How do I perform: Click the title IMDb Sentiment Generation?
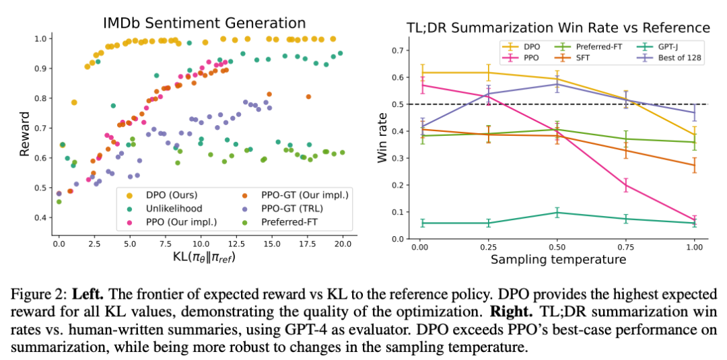coord(205,23)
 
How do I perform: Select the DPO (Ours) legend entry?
coord(145,195)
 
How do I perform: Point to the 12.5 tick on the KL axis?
coord(236,243)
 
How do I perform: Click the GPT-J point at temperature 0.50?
coord(557,213)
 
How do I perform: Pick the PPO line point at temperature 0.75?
coord(625,185)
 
